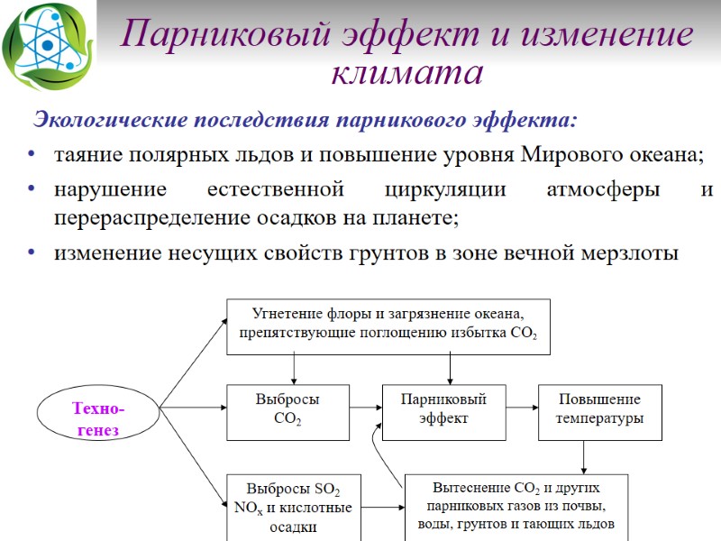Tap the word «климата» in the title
click(x=406, y=72)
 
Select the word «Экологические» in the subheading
click(x=110, y=120)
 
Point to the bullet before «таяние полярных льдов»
click(x=33, y=154)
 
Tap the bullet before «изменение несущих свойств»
click(x=33, y=253)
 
